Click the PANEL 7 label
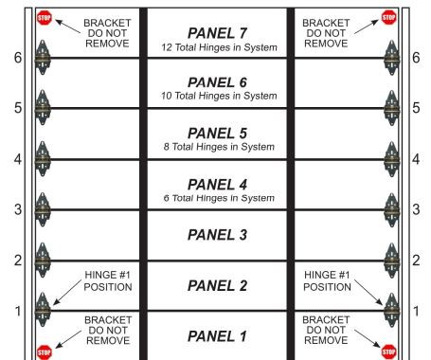(x=217, y=33)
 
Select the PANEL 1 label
(x=217, y=335)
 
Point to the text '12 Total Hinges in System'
(x=217, y=47)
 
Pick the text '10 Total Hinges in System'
(x=217, y=96)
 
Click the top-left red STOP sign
(x=44, y=17)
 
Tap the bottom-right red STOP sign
(x=388, y=350)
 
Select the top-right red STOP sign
(x=388, y=17)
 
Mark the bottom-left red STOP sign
(x=44, y=350)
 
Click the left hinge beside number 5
(x=42, y=107)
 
